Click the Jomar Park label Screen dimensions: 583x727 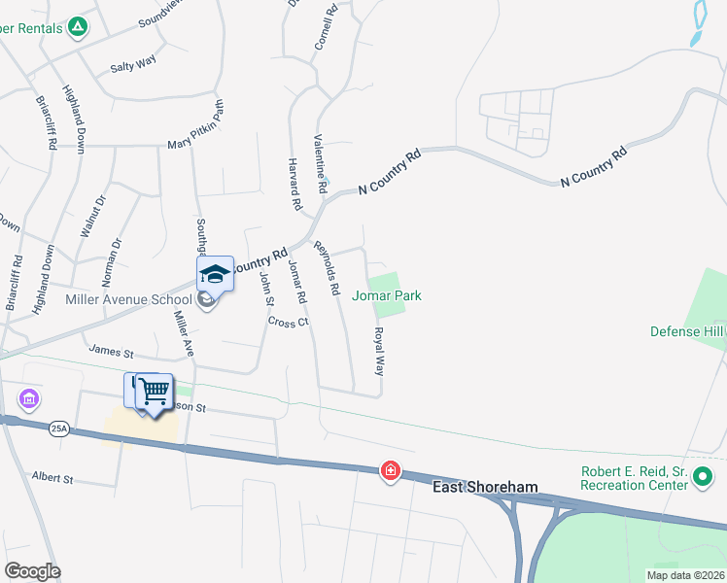coord(386,295)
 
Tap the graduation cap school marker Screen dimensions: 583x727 coord(215,274)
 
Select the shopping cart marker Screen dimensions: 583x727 coord(154,393)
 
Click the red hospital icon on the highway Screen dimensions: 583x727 coord(390,471)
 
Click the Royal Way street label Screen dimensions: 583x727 coord(378,351)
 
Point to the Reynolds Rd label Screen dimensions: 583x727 coord(327,268)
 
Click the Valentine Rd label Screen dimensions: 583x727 coord(318,157)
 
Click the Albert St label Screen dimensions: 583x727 coord(52,478)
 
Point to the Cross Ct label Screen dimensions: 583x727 coord(289,321)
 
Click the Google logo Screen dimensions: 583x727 coord(32,570)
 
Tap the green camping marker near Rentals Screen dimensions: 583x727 coord(78,28)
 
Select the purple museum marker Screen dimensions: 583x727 coord(28,398)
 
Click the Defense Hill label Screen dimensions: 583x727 coord(688,331)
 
